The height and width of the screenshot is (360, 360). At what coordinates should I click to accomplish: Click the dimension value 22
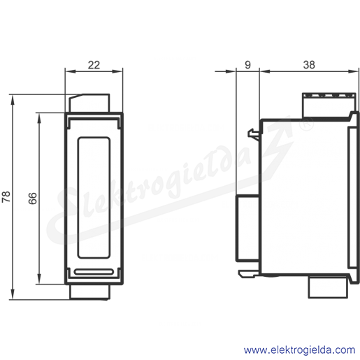click(x=94, y=65)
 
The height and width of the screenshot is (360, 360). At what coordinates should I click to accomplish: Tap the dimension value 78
click(x=6, y=196)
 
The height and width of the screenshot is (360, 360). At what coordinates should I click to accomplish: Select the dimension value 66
click(x=33, y=199)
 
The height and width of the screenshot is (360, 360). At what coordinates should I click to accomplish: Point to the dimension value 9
click(x=247, y=65)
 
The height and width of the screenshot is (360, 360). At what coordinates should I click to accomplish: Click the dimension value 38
click(x=309, y=65)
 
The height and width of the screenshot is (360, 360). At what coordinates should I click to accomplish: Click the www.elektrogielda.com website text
click(x=299, y=350)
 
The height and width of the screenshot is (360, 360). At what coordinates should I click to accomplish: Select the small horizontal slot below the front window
click(x=94, y=271)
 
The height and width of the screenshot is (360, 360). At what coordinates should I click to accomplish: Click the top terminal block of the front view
click(x=89, y=103)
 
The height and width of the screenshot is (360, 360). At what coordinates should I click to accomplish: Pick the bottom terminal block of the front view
click(x=89, y=291)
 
